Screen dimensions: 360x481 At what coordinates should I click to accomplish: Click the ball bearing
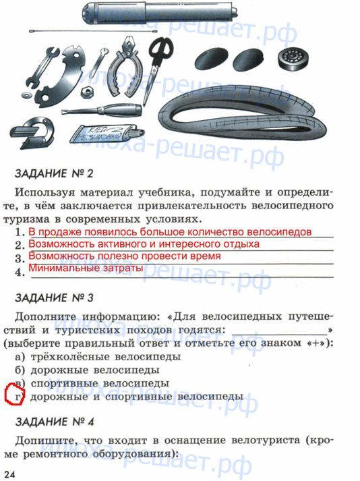coord(293,58)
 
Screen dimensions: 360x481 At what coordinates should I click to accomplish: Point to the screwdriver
coord(102,111)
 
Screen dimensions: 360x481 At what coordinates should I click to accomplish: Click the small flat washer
coord(27,94)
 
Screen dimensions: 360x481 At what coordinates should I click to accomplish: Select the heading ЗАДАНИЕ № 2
coord(54,173)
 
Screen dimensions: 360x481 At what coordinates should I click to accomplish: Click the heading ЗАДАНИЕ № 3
coord(54,298)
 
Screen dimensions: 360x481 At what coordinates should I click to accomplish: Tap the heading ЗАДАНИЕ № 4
coord(55,422)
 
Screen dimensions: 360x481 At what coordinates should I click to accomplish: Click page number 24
coord(9,474)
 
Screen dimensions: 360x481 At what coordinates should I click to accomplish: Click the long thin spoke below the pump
coord(93,31)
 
